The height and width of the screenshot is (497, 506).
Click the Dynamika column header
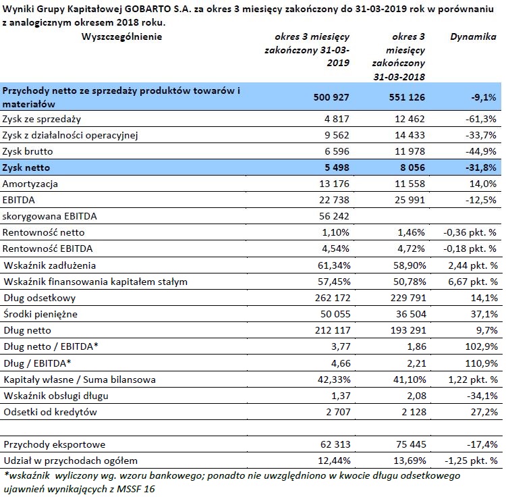point(473,37)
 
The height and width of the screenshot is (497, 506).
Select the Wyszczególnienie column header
point(121,37)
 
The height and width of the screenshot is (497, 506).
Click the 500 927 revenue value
point(331,97)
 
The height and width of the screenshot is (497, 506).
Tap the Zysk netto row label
point(26,167)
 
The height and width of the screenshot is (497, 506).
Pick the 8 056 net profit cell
point(412,167)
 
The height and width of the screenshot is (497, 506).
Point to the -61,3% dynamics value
point(480,119)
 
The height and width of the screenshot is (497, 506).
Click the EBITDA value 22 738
point(334,200)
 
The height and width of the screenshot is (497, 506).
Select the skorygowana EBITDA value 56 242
point(334,216)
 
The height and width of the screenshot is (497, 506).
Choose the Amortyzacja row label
point(30,184)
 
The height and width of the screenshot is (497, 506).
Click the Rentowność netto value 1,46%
point(411,232)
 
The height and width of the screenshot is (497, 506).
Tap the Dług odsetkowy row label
point(39,298)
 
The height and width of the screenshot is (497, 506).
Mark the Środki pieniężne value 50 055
point(335,314)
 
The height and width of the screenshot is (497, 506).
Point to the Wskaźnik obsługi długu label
point(56,396)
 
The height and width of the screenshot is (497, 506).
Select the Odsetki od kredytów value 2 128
point(414,412)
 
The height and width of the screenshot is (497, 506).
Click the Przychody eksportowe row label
point(55,445)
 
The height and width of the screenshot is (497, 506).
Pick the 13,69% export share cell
point(410,461)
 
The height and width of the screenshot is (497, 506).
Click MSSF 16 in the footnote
point(136,489)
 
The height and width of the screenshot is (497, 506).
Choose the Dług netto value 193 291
point(408,330)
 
